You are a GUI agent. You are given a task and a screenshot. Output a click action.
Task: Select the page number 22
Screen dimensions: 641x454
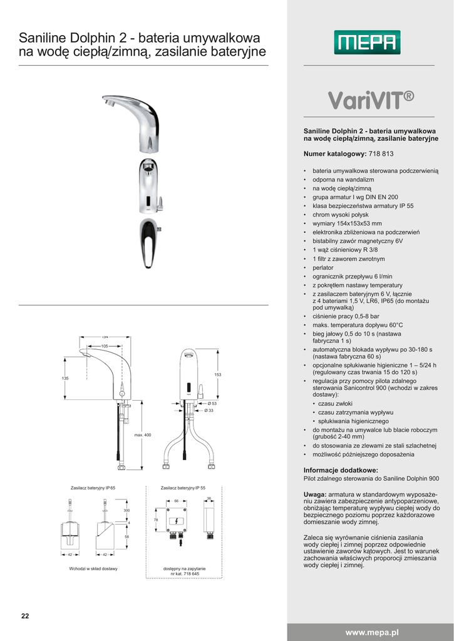tap(25, 616)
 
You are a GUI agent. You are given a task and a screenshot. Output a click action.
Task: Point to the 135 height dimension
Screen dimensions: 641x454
tap(64, 379)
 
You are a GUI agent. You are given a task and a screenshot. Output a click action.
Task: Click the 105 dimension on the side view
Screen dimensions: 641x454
tap(105, 346)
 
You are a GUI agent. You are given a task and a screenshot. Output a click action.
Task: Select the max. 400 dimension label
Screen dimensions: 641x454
tap(143, 435)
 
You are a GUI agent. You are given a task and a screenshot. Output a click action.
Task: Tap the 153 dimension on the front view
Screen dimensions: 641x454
tap(218, 375)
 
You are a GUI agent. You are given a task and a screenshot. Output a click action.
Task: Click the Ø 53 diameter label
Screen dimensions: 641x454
tap(212, 404)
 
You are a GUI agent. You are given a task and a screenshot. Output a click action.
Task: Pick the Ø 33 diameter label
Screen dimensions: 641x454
tap(210, 411)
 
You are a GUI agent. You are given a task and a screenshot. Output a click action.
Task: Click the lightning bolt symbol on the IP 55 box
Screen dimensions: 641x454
tap(177, 520)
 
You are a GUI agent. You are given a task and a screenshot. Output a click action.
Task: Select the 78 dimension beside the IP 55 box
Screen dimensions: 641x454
tap(156, 520)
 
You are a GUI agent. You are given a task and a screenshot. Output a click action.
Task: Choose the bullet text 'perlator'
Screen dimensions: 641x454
tap(323, 267)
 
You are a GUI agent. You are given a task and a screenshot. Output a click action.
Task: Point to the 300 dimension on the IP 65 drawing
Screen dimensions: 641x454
tap(126, 511)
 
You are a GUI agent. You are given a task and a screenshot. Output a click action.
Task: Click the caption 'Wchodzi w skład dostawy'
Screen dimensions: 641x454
tap(93, 568)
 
